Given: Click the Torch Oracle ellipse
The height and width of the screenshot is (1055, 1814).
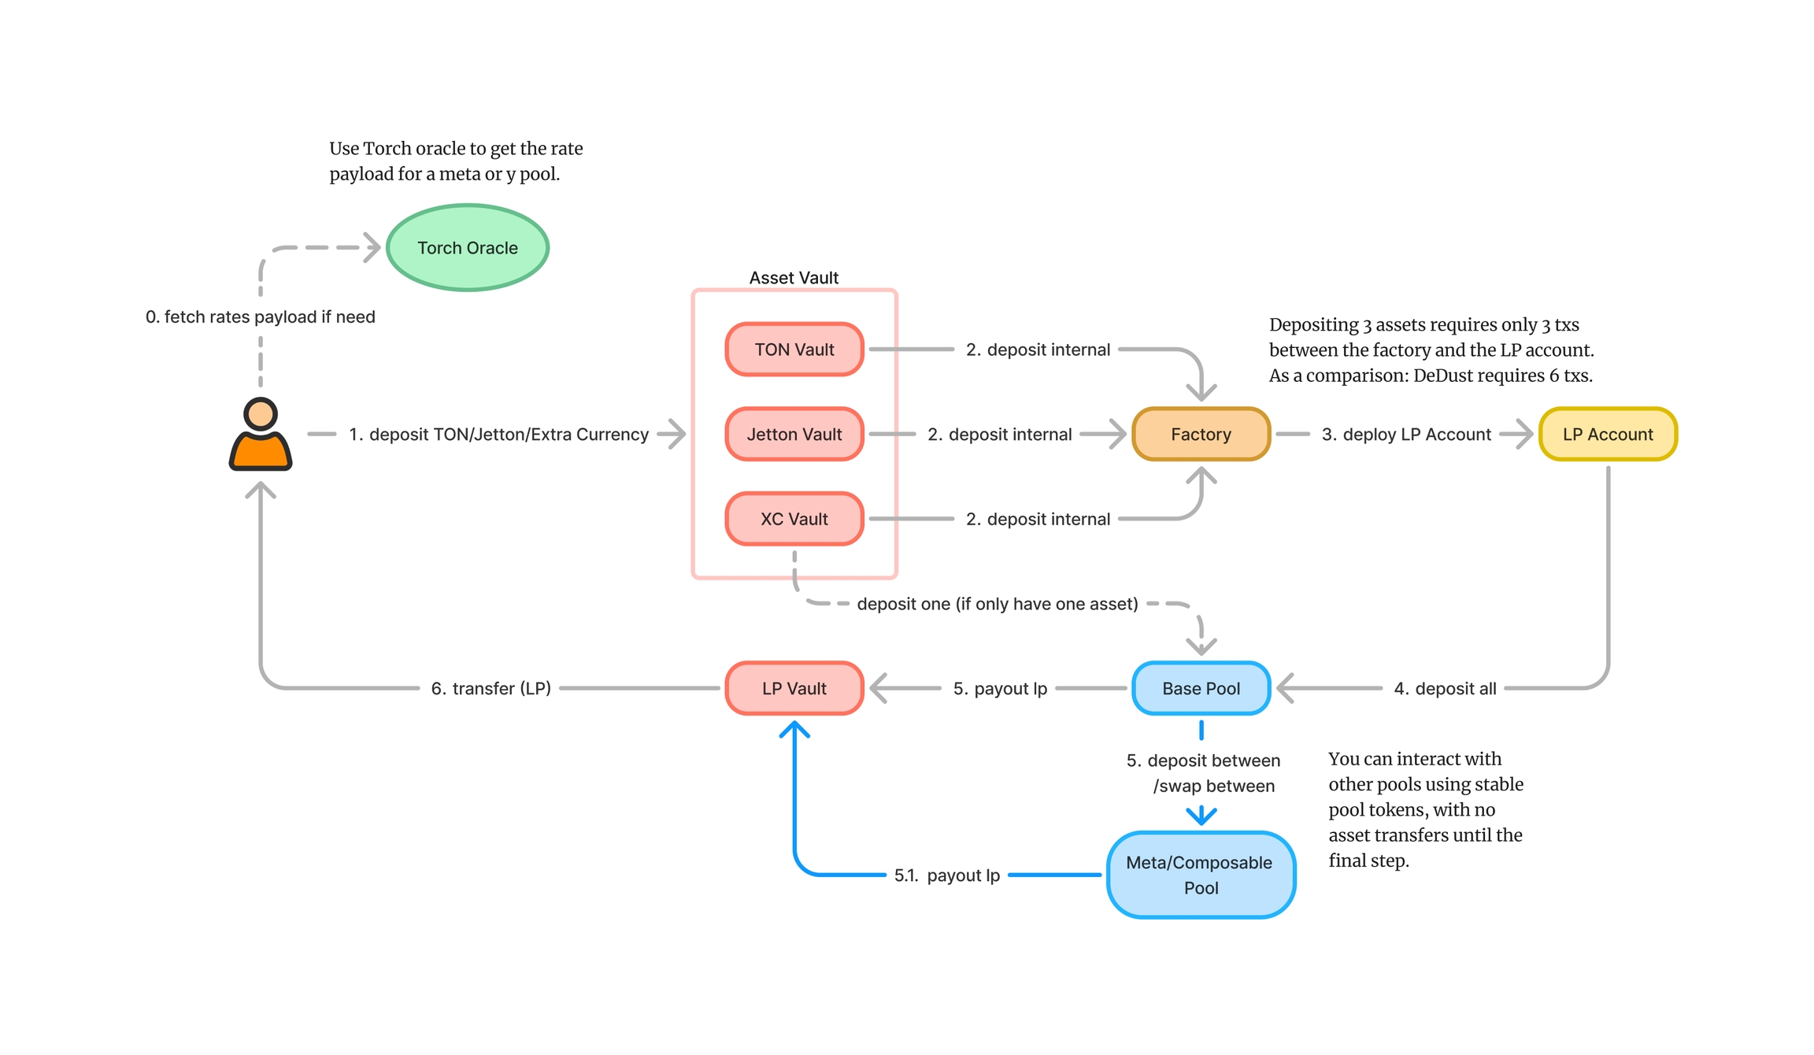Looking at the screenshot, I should coord(468,248).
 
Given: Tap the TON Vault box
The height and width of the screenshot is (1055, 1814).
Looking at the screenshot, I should coord(794,350).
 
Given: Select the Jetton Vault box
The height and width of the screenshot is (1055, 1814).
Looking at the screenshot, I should coord(794,434).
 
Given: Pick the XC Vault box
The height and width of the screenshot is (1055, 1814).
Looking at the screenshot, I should coord(794,519).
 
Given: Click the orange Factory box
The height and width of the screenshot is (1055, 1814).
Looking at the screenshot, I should coord(1201,434).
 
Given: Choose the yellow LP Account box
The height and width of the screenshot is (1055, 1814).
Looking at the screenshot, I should coord(1608,434).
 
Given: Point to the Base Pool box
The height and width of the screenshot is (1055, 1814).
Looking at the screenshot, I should coord(1201,688).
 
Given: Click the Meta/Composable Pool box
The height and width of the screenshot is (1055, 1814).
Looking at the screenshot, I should coord(1201,875).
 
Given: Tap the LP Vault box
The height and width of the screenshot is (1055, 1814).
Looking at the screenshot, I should coord(794,688).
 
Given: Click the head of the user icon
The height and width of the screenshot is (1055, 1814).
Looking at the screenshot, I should coord(261,413).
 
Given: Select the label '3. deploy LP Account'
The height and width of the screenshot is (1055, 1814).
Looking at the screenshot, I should coord(1406,435).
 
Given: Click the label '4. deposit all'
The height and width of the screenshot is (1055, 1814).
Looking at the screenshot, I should coord(1445,689).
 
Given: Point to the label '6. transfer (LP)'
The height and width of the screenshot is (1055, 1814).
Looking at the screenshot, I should coord(491,689).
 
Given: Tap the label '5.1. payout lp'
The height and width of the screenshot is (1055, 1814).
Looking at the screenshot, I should coord(946,875).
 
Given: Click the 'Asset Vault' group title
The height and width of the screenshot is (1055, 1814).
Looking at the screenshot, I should coord(794,278).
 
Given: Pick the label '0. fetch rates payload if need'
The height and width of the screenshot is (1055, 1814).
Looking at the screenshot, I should coord(260,316).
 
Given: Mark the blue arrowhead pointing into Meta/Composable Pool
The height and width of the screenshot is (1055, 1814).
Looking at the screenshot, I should coord(1201,816).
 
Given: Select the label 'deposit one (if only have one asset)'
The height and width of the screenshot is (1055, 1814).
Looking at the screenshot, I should coord(997,604).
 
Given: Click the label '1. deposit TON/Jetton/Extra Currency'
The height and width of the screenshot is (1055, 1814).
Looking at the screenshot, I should coord(498,435).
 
